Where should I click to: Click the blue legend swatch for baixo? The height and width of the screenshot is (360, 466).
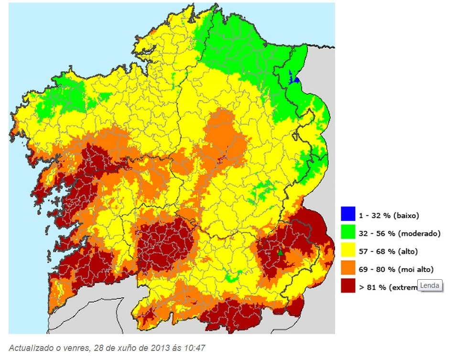point(348,214)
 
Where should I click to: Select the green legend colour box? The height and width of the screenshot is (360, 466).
point(348,232)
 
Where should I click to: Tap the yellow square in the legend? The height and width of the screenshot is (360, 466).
point(348,251)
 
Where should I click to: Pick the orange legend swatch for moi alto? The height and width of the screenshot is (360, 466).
point(348,268)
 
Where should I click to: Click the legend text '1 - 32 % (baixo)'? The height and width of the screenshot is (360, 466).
point(389,216)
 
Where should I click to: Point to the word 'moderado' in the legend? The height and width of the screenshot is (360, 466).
point(419,234)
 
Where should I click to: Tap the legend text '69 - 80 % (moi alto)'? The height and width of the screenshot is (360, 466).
point(396,270)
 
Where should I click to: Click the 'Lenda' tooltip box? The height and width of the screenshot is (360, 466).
point(429,285)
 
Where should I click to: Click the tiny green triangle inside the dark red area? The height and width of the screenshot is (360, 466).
point(281,252)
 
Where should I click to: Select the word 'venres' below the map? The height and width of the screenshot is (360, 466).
point(71,348)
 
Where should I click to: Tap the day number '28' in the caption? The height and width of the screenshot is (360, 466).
point(91,348)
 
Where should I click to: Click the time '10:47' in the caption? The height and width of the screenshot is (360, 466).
point(195,348)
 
